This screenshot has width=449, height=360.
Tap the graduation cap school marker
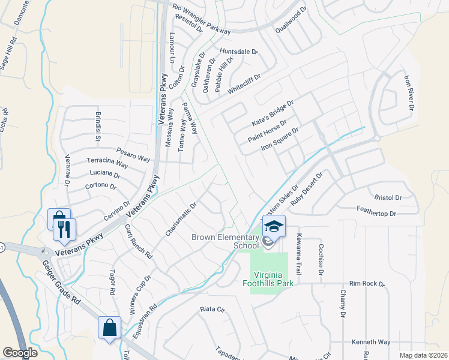coord(274,226)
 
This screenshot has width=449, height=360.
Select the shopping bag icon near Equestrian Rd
coord(110,329)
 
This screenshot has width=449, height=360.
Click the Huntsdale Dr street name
coord(238,52)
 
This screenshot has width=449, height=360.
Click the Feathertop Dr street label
coord(376,214)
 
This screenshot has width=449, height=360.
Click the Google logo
coord(20,353)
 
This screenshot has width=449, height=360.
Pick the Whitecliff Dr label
coord(243,77)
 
